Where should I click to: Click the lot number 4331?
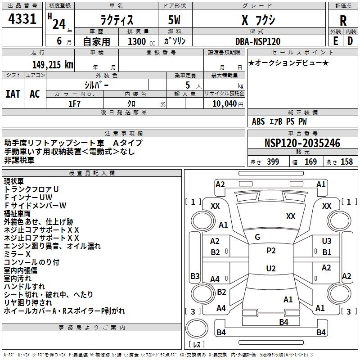click(22, 19)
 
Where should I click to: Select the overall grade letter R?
click(343, 20)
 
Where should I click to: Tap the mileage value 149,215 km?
click(53, 64)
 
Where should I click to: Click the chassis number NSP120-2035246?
click(302, 143)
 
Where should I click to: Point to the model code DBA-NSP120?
click(258, 41)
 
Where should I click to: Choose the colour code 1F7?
click(74, 104)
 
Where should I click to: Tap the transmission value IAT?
click(13, 94)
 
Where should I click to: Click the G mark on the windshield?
click(257, 237)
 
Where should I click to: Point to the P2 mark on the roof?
click(271, 251)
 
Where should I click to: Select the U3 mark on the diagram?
click(327, 241)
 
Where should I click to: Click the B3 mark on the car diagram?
click(195, 276)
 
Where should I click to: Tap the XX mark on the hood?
click(291, 216)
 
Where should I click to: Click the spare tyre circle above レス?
click(197, 328)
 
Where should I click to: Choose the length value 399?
click(273, 162)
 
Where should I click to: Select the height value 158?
click(346, 162)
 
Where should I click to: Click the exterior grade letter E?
click(336, 41)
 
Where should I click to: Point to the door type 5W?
click(174, 20)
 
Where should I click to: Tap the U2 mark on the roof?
click(271, 268)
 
